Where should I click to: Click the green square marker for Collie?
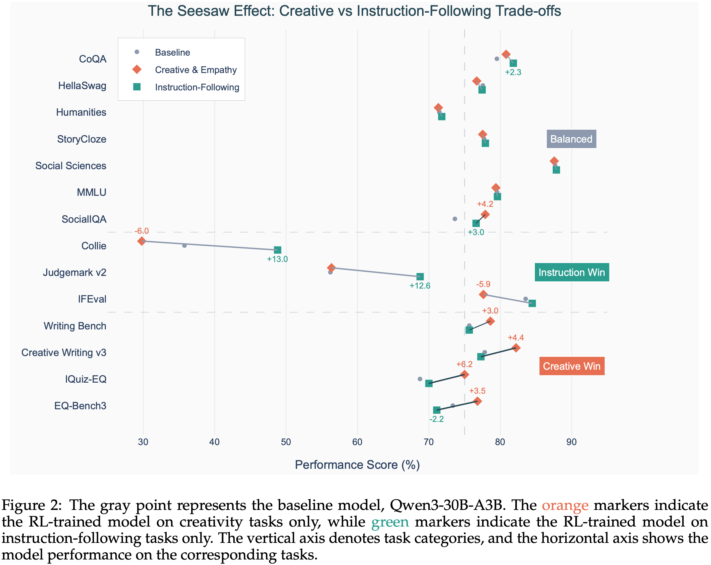pyautogui.click(x=278, y=250)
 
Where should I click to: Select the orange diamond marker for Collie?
pyautogui.click(x=141, y=241)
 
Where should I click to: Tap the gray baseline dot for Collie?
pyautogui.click(x=184, y=246)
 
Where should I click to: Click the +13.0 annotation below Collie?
pyautogui.click(x=277, y=259)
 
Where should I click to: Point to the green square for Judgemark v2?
pyautogui.click(x=420, y=276)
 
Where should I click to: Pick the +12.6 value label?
pyautogui.click(x=420, y=286)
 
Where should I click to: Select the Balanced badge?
pyautogui.click(x=571, y=139)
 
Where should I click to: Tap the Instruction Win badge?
pyautogui.click(x=571, y=272)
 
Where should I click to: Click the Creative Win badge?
pyautogui.click(x=571, y=366)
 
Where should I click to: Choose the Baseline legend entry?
pyautogui.click(x=172, y=52)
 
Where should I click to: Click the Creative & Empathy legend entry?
pyautogui.click(x=196, y=70)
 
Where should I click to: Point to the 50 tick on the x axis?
pyautogui.click(x=286, y=442)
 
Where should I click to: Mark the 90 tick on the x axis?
pyautogui.click(x=571, y=442)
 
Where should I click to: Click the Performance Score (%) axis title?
pyautogui.click(x=357, y=465)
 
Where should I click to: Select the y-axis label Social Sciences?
pyautogui.click(x=71, y=166)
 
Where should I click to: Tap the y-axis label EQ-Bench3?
pyautogui.click(x=80, y=406)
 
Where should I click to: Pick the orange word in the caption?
pyautogui.click(x=565, y=505)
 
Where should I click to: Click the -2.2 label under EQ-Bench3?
pyautogui.click(x=436, y=419)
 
